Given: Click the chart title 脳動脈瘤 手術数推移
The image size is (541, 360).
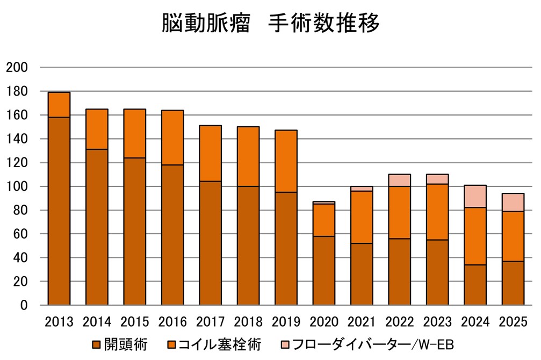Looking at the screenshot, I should (270, 24).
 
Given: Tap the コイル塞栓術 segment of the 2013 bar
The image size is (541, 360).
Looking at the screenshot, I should (59, 105).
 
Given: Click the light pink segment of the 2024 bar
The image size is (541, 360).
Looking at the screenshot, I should (475, 196).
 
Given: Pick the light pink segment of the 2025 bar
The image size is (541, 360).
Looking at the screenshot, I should (513, 202).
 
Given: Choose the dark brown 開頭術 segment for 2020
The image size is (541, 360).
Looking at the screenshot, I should (324, 270).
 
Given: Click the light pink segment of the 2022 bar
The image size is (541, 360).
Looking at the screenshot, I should (400, 180).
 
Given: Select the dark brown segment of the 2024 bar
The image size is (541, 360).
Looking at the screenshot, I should (475, 285).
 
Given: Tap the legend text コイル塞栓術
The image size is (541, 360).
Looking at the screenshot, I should (220, 343).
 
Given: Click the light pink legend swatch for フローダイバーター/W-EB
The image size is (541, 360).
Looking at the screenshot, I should (287, 343).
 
